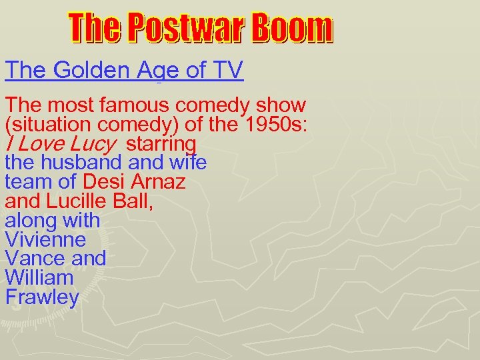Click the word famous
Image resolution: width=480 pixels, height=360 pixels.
128,105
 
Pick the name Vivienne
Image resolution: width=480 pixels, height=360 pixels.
45,239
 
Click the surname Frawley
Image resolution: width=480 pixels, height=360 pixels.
41,297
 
